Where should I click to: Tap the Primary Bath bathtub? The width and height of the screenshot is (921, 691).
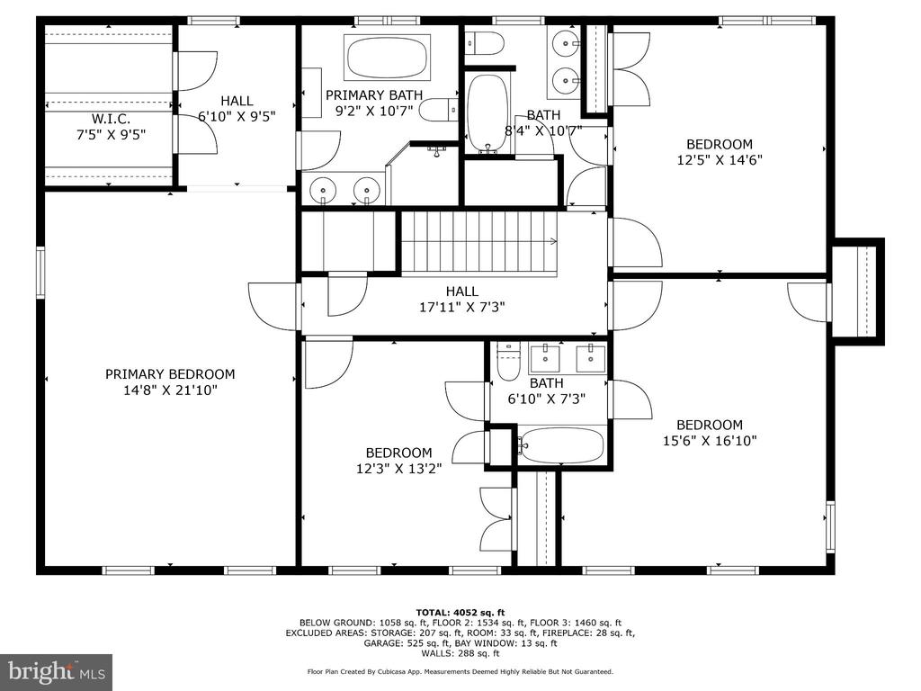coord(388,58)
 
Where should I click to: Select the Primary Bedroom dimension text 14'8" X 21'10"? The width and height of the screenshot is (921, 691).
coord(170,390)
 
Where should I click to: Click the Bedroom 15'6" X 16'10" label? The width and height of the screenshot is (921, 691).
coord(710,433)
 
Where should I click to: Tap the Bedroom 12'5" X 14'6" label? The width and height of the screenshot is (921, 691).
coord(720,151)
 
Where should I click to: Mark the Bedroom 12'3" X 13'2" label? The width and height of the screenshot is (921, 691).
coord(398,460)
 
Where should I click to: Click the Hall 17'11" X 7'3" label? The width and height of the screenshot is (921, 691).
coord(462,299)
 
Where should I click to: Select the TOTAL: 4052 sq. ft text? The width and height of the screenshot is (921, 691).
coord(460,612)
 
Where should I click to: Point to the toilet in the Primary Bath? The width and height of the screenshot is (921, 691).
coord(439,110)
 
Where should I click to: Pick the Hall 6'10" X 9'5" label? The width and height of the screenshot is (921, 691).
coord(237,109)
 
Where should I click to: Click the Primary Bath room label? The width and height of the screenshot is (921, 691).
coord(374,103)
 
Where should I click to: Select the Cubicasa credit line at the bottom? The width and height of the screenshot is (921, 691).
coord(460,671)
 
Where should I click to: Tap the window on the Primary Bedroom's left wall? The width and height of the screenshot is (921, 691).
coord(40,273)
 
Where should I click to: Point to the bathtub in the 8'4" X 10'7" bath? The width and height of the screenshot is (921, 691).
coord(487,112)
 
